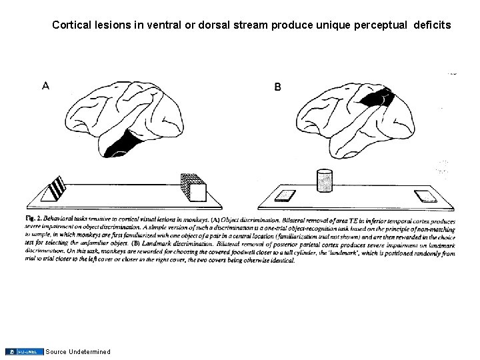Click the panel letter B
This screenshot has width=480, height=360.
(277, 87)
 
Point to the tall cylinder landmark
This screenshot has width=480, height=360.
(323, 182)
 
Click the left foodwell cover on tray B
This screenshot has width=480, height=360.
(285, 195)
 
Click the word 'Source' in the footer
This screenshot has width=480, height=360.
(57, 351)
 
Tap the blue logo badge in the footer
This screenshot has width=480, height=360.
(25, 351)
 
